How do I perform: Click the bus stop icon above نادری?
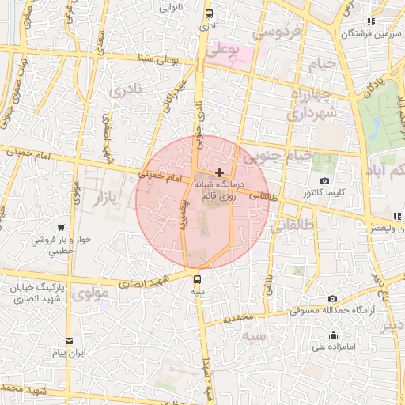point(209,13)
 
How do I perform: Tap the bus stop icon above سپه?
point(198,278)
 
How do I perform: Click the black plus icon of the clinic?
point(219,172)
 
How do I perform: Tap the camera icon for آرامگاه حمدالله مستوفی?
point(333,298)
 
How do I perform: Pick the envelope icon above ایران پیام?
point(70,341)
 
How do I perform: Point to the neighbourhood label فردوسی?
point(277,32)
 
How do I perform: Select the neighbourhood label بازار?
point(110,197)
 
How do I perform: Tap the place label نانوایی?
point(170,7)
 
